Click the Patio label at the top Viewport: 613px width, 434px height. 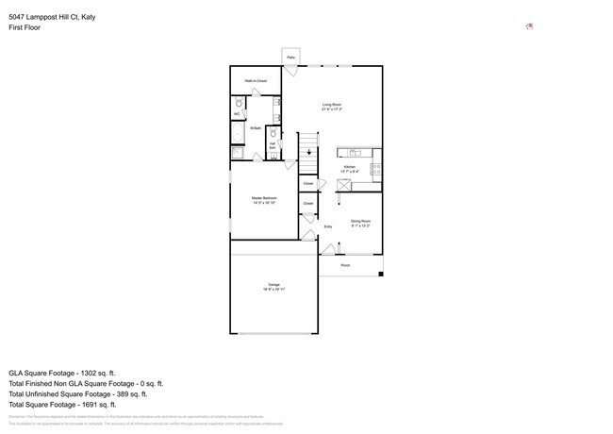[290, 58]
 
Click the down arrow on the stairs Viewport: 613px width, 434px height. [308, 151]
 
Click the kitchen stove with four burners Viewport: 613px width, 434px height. [376, 169]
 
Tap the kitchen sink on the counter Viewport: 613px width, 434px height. [356, 152]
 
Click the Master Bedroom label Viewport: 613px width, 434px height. [263, 200]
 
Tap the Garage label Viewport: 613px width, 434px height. [273, 286]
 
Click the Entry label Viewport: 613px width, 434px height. [328, 226]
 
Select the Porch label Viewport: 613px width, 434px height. [345, 265]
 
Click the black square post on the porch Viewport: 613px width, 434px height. [381, 274]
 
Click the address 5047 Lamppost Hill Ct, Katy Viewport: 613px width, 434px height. [52, 17]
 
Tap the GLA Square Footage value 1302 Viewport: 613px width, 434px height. [102, 373]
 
